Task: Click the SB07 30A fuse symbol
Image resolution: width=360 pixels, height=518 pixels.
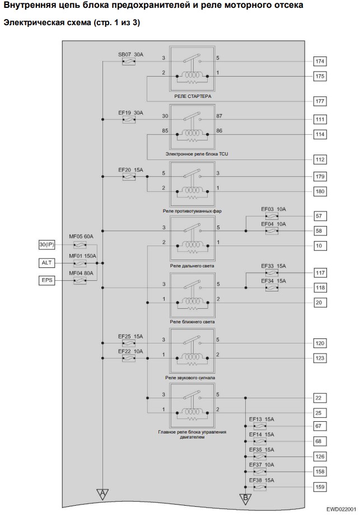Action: [x=129, y=62]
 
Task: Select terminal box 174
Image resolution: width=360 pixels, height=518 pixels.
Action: [x=320, y=62]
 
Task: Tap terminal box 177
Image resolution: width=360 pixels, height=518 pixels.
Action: [x=320, y=101]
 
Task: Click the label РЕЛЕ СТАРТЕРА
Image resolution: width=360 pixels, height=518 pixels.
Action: [x=193, y=96]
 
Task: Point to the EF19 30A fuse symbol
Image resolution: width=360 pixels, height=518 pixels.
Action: [x=129, y=120]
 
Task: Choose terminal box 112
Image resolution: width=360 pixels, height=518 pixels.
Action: [x=320, y=159]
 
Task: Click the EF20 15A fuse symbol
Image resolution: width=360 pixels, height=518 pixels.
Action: [x=129, y=177]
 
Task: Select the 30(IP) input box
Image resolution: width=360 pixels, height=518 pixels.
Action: [x=46, y=245]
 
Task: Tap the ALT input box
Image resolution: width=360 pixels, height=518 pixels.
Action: [x=46, y=263]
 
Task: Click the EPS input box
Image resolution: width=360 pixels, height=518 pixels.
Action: [x=46, y=280]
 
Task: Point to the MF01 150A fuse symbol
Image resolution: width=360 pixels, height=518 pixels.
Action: [x=80, y=263]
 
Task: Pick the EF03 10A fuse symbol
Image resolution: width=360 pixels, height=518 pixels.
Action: [x=272, y=216]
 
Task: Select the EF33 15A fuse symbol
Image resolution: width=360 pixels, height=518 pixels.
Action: [x=272, y=273]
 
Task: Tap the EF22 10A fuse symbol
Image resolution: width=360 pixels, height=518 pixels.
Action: [x=129, y=358]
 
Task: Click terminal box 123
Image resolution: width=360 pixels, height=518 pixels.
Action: [x=320, y=358]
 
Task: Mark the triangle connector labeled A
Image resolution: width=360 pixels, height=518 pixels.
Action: [x=102, y=493]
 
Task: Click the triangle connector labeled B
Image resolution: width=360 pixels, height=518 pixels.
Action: [x=245, y=498]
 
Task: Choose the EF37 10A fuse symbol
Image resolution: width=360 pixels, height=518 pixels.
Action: [x=260, y=472]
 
